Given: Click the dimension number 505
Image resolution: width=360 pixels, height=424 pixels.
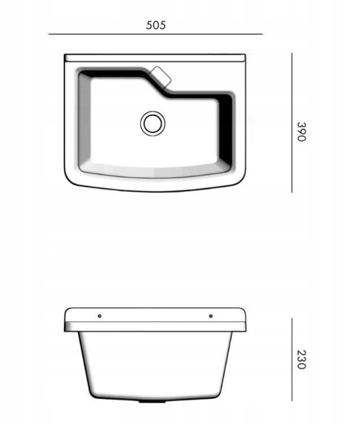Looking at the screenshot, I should click(x=155, y=25).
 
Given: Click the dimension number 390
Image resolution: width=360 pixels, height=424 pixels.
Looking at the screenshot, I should click(x=301, y=131).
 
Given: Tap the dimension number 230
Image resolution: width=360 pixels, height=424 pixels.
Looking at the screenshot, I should click(x=301, y=360).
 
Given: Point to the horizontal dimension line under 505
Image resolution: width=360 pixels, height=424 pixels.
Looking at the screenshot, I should click(x=155, y=34).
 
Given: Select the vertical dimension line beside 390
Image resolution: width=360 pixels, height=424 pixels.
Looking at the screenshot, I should click(x=292, y=123).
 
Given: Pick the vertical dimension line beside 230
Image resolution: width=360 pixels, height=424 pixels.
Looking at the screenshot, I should click(x=292, y=360).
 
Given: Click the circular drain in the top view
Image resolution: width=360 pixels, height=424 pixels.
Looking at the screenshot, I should click(x=153, y=123).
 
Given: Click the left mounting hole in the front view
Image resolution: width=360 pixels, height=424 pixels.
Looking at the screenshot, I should click(x=99, y=315).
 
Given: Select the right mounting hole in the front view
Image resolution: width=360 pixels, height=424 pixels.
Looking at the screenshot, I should click(x=210, y=315).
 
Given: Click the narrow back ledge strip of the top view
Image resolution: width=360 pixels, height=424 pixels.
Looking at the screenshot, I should click(x=155, y=58).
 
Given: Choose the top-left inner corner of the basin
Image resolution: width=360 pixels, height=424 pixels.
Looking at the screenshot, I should click(x=84, y=75).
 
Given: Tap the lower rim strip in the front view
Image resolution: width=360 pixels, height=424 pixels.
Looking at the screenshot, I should click(x=155, y=327).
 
